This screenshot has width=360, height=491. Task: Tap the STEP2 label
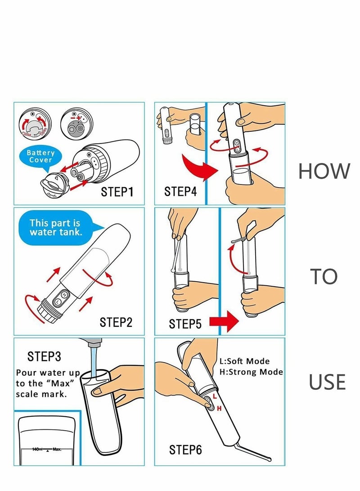point(116,322)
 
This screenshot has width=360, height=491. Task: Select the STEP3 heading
point(44,356)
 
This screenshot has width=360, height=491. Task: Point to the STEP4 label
point(180,192)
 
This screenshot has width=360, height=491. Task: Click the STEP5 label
point(185,324)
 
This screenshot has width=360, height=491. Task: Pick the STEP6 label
point(185,449)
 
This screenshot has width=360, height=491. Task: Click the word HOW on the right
point(324,171)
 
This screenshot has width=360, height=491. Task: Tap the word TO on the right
point(324,277)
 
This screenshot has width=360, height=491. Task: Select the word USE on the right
point(327,382)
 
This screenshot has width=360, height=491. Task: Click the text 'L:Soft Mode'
point(244,361)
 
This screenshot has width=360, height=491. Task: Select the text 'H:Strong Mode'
point(251,372)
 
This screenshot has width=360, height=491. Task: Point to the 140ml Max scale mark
point(46,449)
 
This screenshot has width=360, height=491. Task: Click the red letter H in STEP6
point(219,408)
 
